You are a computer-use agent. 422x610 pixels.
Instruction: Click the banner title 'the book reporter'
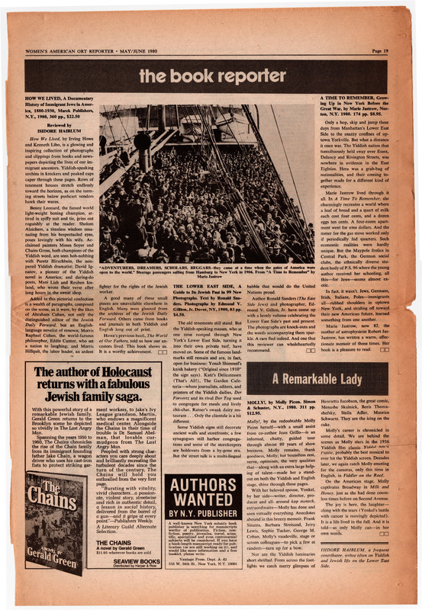211,75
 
